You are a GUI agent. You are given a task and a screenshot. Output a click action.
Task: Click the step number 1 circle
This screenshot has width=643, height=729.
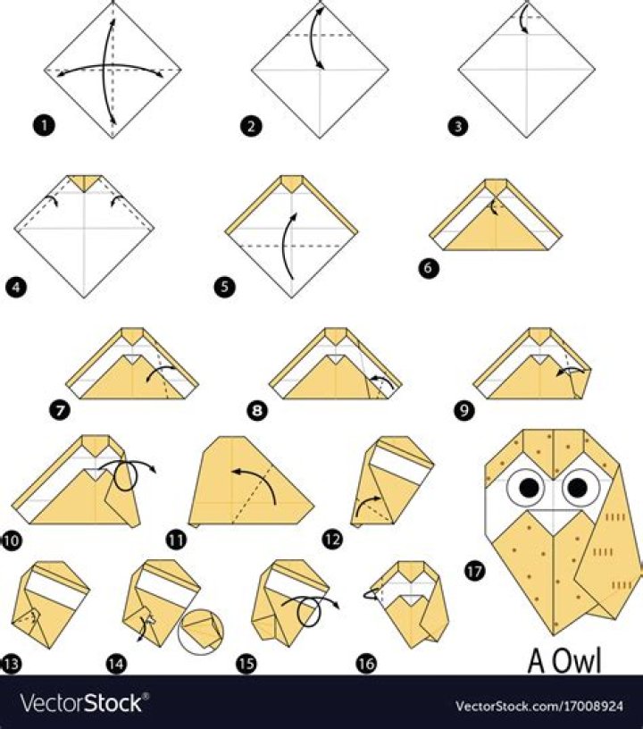pos(44,126)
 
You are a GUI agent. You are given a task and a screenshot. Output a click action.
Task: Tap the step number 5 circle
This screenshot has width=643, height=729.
pos(225,287)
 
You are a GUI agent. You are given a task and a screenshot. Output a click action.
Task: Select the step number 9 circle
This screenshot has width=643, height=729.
pos(464,411)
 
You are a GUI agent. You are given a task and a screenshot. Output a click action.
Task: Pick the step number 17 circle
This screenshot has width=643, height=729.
pos(474,571)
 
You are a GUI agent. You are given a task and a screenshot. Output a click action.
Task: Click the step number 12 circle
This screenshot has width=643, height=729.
pos(332,540)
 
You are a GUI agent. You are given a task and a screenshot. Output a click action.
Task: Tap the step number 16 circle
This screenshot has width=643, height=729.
pos(366,664)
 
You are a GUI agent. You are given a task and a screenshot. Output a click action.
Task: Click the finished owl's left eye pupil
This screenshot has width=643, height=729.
pos(530,487)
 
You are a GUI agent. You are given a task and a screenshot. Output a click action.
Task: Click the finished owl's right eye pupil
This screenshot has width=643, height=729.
pos(578,487)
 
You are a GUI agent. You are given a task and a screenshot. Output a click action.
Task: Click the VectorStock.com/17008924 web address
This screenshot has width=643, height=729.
pos(539,707)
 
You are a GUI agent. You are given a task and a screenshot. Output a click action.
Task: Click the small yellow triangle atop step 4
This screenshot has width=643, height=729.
pos(85,182)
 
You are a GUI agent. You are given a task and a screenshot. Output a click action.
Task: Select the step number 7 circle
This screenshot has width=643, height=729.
pos(61,411)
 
